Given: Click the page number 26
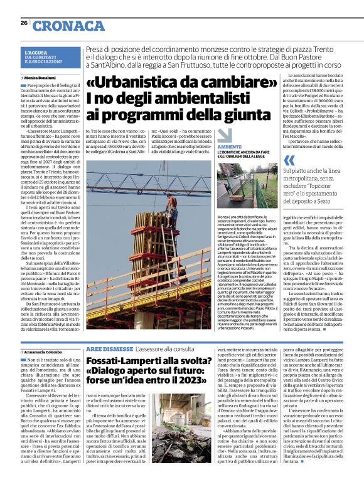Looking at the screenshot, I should click(24, 23).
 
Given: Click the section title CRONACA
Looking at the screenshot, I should click(69, 26).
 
